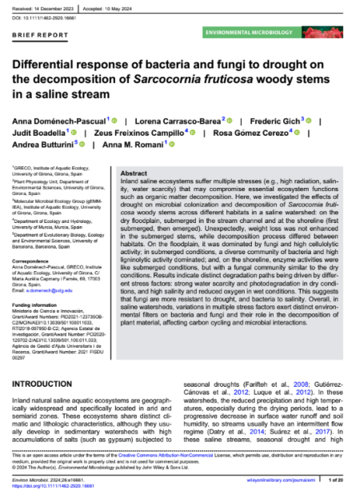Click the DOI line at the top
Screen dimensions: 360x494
[50, 16]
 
